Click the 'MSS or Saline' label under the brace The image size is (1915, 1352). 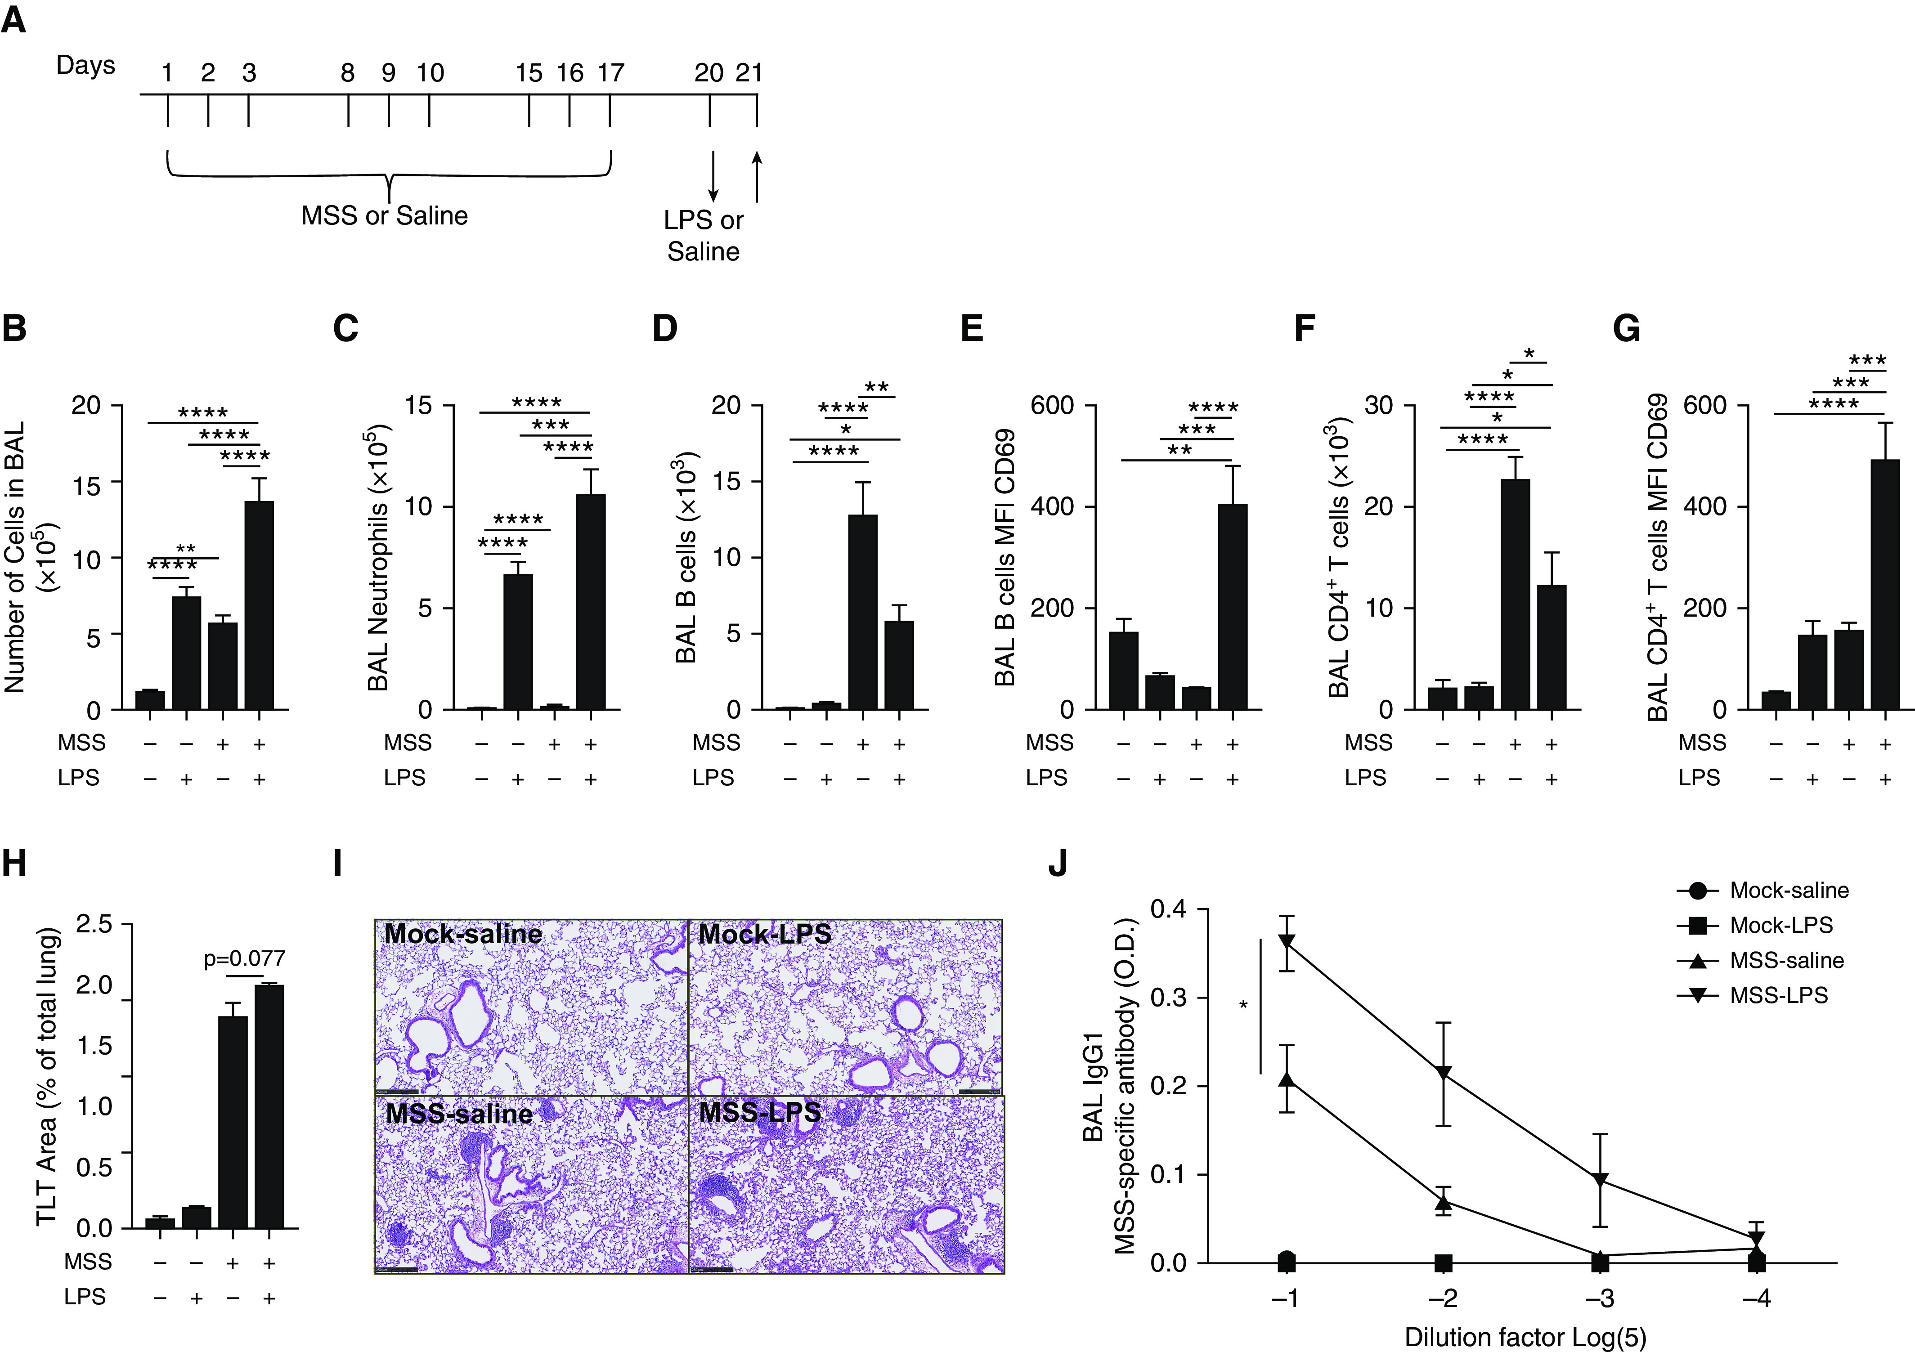pos(385,216)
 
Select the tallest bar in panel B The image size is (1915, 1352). pos(259,604)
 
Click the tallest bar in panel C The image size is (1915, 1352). pos(591,600)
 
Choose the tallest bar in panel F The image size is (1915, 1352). pos(1515,594)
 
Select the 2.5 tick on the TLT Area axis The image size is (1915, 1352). pos(94,924)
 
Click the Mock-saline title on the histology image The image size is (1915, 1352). pos(463,934)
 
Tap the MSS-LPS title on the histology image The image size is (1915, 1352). pos(760,1113)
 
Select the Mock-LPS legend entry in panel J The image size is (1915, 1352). pos(1780,926)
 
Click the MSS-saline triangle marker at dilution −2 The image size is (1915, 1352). pos(1444,1202)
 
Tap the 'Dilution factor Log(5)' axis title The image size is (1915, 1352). pos(1525,1337)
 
